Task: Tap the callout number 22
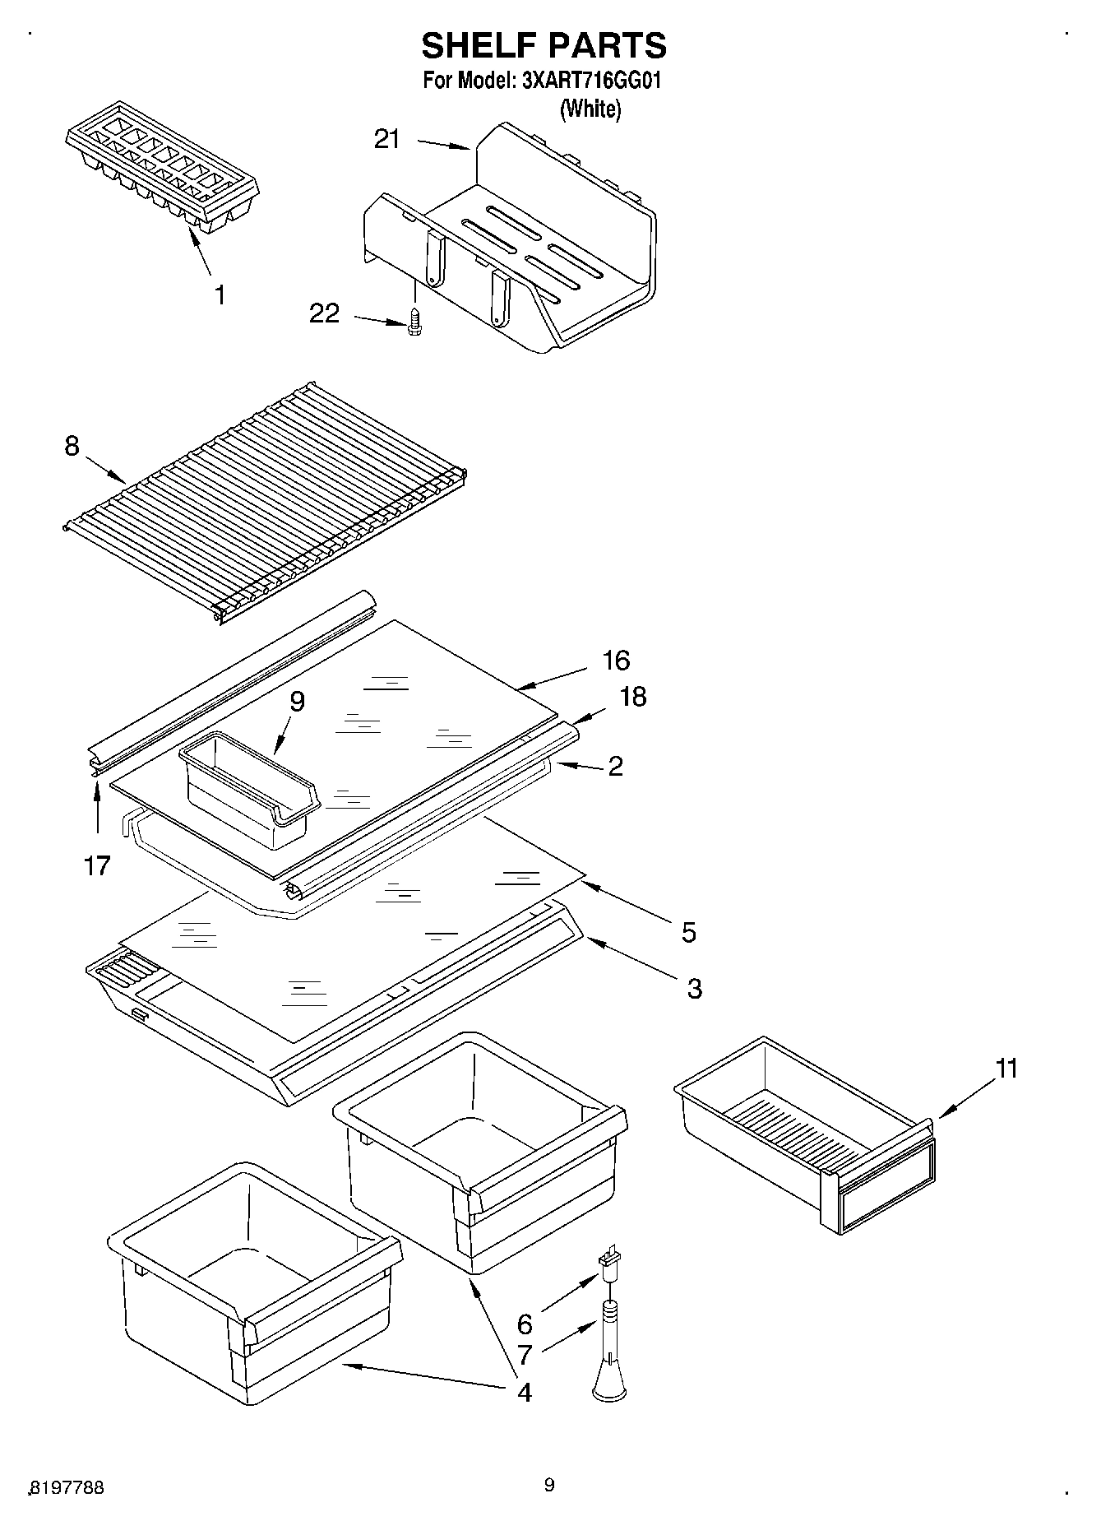pos(325,313)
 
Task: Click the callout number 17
pos(97,865)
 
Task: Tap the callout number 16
pos(616,660)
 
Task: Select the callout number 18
pos(632,697)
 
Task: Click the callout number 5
pos(688,932)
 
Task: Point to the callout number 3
pos(694,988)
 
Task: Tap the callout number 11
pos(1006,1069)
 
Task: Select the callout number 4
pos(523,1392)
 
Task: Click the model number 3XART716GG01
pos(591,81)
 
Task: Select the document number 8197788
pos(67,1487)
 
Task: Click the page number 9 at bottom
pos(549,1485)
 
